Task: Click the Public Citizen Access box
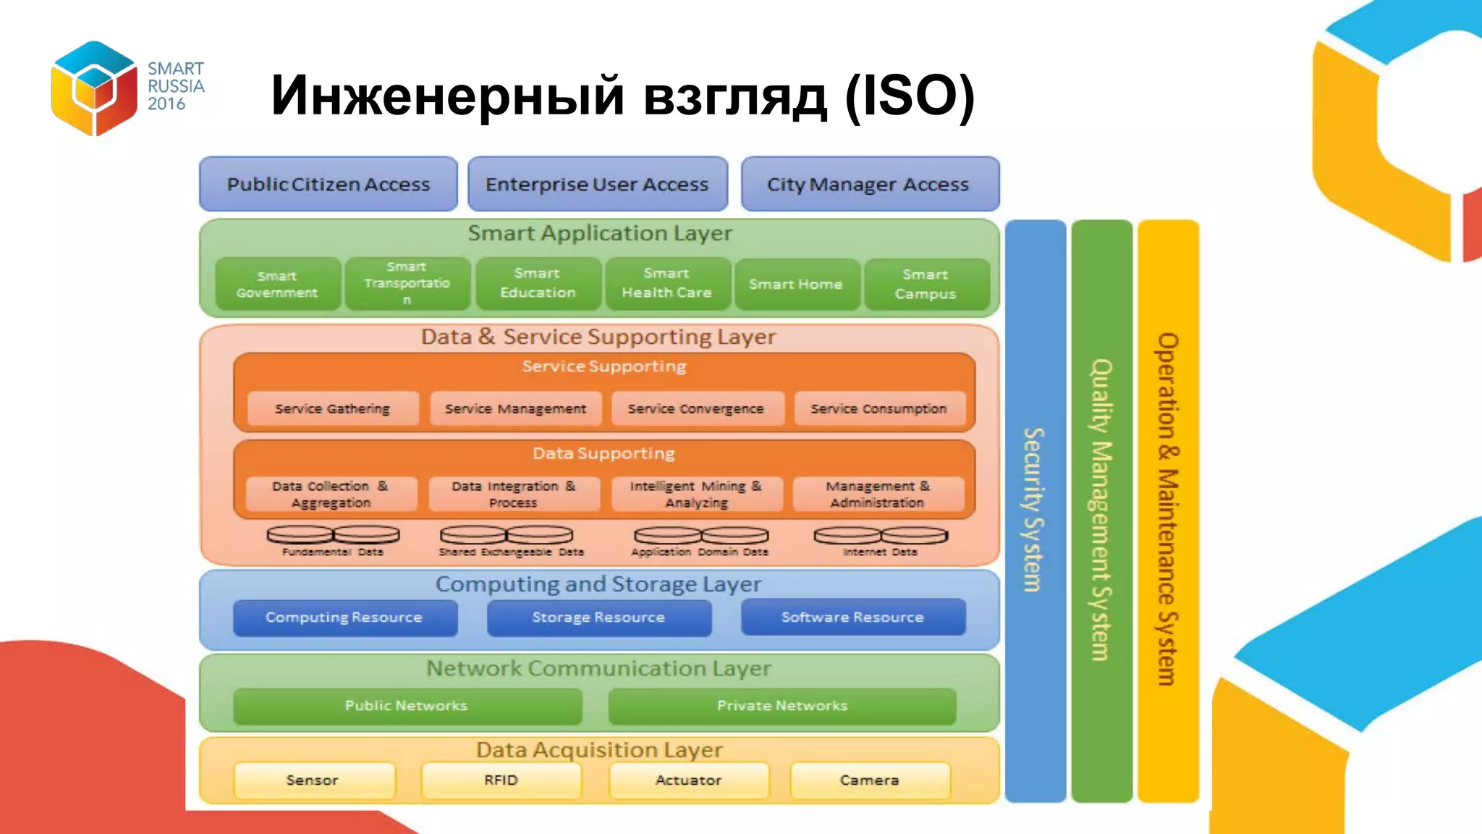(x=328, y=185)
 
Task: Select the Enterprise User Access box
(x=597, y=185)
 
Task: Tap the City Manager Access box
(x=869, y=185)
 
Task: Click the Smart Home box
(x=796, y=285)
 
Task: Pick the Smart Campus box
(x=926, y=285)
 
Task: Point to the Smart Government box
(x=277, y=285)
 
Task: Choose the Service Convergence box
(x=696, y=409)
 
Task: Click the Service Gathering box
(x=332, y=409)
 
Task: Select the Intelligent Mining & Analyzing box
(x=696, y=494)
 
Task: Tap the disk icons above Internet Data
(x=880, y=536)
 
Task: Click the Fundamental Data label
(x=332, y=552)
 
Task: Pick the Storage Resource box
(x=598, y=618)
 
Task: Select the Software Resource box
(x=852, y=618)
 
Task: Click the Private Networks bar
(x=782, y=706)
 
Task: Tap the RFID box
(x=501, y=780)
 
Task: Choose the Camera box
(x=869, y=780)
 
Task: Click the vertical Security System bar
(x=1035, y=510)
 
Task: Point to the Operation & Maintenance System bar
(x=1167, y=510)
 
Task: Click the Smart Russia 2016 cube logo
(x=94, y=88)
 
